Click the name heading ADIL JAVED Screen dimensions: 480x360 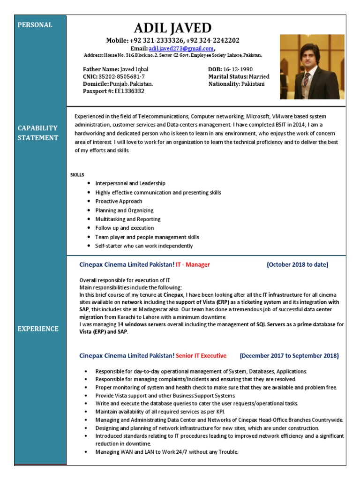coord(173,27)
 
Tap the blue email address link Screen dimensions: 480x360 coord(180,48)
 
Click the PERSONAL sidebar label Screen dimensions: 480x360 coord(35,25)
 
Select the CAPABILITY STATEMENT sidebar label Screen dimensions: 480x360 coord(38,133)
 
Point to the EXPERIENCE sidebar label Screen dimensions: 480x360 coord(38,329)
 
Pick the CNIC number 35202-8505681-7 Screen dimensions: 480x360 coord(121,76)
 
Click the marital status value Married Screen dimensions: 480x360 coord(259,76)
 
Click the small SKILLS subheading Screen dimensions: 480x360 coord(77,174)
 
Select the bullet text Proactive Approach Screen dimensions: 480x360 coord(119,201)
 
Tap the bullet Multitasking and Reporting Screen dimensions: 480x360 coord(127,219)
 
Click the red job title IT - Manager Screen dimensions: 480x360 coord(193,265)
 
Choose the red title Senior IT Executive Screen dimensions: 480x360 coord(201,355)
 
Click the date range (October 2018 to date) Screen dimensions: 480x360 coord(298,265)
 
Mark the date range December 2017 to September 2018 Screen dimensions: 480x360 coord(289,355)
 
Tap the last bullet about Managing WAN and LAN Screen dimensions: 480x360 coord(166,452)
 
